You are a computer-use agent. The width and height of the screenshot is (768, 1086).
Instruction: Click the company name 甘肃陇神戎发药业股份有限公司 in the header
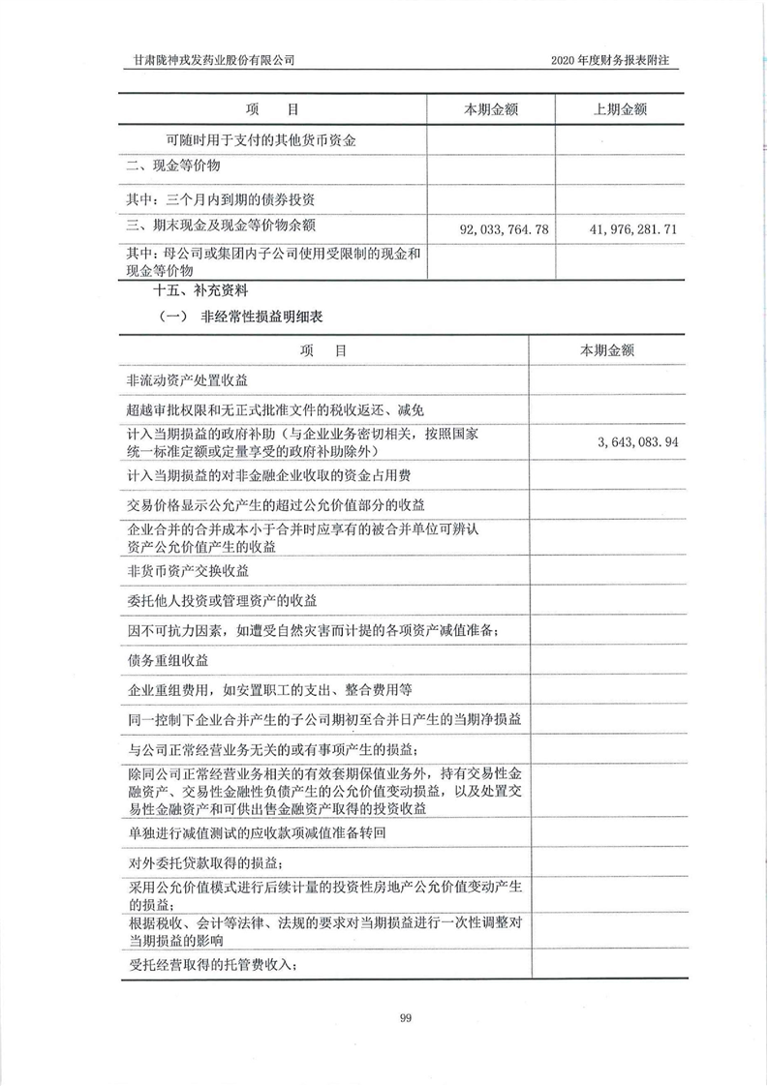point(214,59)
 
